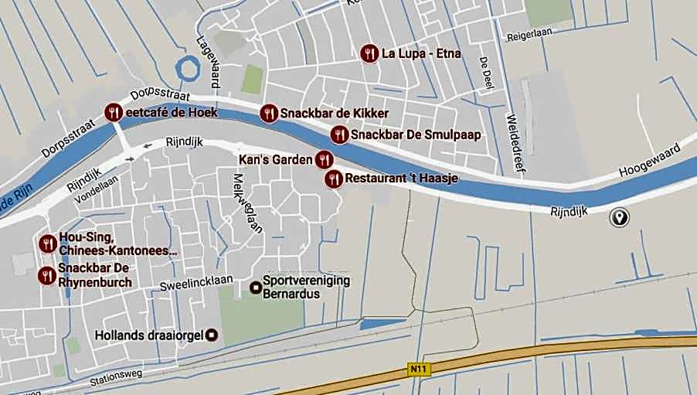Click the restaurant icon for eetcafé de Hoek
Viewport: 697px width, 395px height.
click(x=114, y=112)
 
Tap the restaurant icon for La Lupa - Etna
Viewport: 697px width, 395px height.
click(x=369, y=53)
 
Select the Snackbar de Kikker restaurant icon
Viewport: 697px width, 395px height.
click(x=268, y=113)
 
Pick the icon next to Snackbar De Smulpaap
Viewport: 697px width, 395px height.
click(x=338, y=135)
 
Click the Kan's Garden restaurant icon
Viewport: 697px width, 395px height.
click(x=325, y=160)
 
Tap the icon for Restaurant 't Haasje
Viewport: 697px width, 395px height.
click(x=333, y=179)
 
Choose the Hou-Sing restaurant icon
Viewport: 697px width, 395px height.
click(x=47, y=243)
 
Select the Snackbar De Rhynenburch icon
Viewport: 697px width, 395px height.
click(x=47, y=275)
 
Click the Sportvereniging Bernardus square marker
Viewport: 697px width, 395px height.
click(x=255, y=288)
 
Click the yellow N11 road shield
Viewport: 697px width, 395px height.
click(x=418, y=370)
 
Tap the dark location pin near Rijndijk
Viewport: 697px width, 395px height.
click(x=618, y=217)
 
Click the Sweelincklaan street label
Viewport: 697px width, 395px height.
click(x=197, y=283)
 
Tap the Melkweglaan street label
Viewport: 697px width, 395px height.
click(x=248, y=202)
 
